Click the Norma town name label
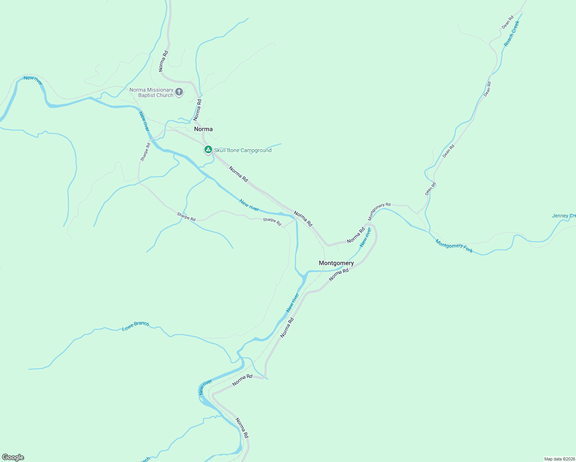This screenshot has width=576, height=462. tap(203, 129)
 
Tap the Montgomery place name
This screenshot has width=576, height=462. tap(336, 263)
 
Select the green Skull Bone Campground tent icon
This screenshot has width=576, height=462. tap(208, 149)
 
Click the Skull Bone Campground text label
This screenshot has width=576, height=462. tap(243, 151)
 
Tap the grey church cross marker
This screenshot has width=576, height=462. tap(179, 92)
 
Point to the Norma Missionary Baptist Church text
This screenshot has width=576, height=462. tap(151, 93)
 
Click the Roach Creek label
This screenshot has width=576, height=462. tap(512, 34)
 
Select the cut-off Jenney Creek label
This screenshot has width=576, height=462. tap(564, 216)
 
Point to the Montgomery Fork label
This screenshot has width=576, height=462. tap(454, 246)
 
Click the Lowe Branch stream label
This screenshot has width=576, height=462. tap(136, 326)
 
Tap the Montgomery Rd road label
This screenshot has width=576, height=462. tap(379, 211)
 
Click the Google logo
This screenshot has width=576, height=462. tap(13, 457)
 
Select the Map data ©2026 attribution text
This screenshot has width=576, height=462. tap(559, 459)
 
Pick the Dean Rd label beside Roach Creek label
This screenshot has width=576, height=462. tap(508, 22)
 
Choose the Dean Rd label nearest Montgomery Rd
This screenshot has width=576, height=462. tap(431, 189)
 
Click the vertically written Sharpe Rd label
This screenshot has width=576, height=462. tap(145, 152)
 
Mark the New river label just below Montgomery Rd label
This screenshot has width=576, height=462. tap(365, 237)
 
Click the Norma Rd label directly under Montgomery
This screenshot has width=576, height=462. tap(339, 275)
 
